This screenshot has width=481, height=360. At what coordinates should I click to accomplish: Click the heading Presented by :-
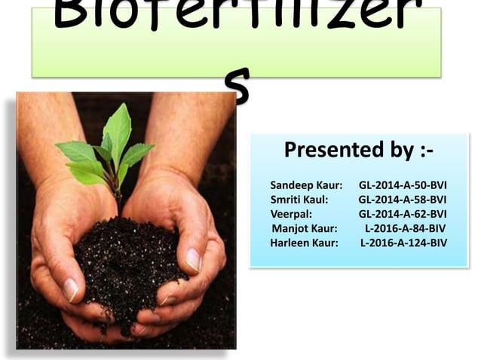click(x=358, y=151)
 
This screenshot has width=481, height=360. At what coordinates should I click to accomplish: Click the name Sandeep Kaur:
click(x=306, y=185)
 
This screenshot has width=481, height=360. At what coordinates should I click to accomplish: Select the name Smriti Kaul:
click(x=299, y=199)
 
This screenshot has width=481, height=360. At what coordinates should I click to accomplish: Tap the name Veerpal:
click(x=290, y=213)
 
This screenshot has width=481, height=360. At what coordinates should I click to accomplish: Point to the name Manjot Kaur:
click(x=305, y=227)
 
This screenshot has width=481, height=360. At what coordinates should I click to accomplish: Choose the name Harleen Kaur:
click(x=304, y=243)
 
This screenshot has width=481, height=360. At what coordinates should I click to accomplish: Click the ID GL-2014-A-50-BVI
click(x=403, y=185)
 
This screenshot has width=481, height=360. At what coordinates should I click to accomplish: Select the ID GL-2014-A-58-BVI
click(x=403, y=199)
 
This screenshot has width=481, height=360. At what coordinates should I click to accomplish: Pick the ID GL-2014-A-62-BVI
click(x=403, y=213)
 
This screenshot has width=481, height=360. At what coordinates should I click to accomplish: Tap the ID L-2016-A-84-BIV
click(x=405, y=227)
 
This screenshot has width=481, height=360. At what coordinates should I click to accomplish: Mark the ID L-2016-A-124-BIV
click(x=403, y=243)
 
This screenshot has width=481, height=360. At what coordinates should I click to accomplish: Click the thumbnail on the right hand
click(x=193, y=260)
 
